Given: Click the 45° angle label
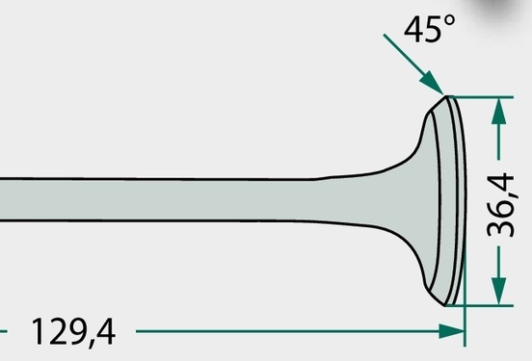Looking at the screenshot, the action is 430,29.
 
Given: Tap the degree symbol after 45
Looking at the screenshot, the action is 449,20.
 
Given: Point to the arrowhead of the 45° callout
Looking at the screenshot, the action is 432,83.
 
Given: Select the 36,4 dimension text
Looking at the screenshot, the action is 501,205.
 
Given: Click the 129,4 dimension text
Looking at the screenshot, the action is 73,332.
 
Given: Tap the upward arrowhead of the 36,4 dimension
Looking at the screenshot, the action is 498,111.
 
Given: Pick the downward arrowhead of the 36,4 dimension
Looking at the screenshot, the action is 498,291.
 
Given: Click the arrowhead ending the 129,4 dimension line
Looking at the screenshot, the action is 452,331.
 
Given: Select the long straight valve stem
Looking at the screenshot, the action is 156,200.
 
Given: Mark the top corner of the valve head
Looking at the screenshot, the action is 446,96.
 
